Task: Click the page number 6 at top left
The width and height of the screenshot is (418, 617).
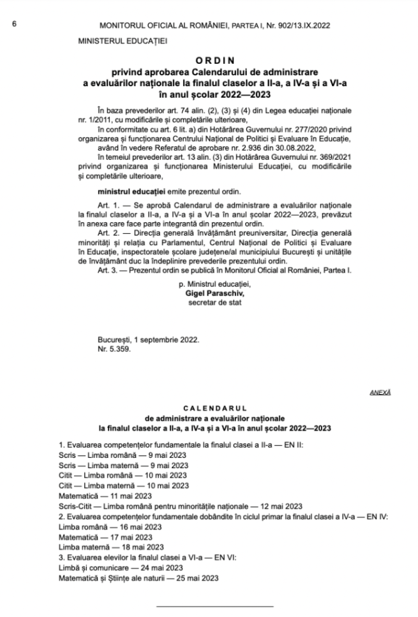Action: (14, 25)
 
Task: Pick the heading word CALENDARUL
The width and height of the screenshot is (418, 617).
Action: (209, 407)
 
